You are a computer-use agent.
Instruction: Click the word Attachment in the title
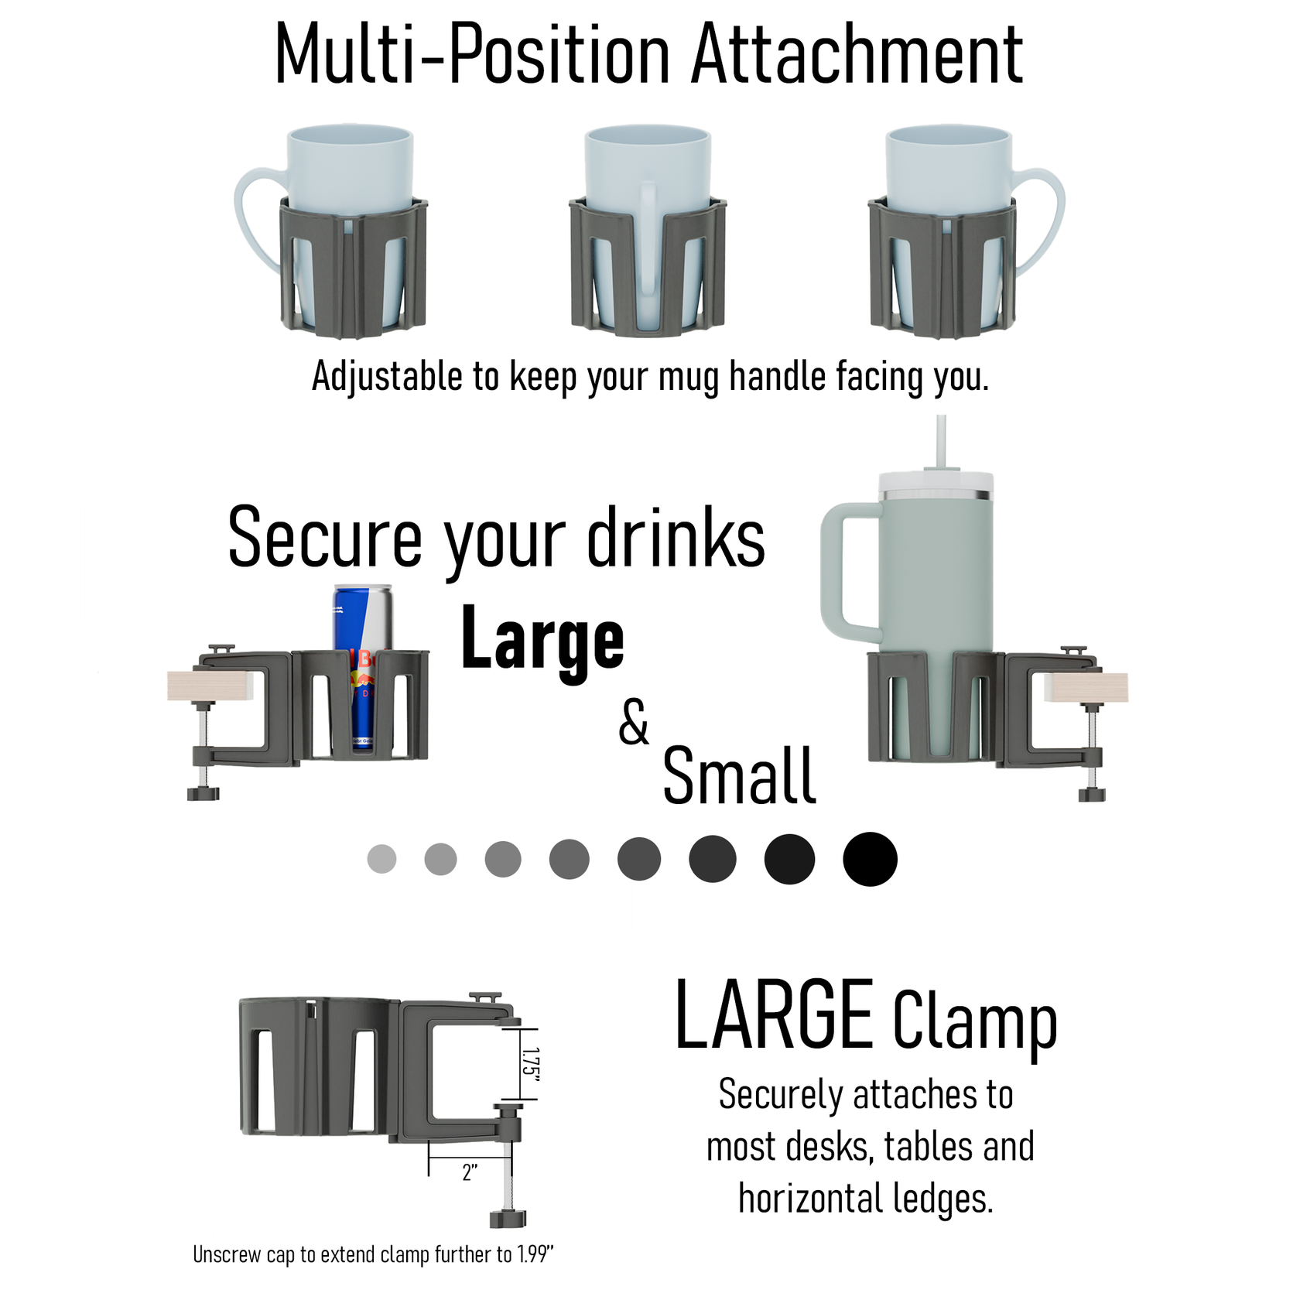[857, 56]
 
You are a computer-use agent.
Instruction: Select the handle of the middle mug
[648, 232]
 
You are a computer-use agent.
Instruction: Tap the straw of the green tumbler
[941, 441]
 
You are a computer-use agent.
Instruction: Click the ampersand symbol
[634, 723]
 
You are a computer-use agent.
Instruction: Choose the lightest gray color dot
[381, 859]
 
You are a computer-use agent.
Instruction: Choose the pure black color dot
[870, 859]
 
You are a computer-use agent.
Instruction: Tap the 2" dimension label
[470, 1173]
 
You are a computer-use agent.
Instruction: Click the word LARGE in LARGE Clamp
[774, 1015]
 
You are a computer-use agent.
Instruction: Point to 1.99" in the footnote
[535, 1254]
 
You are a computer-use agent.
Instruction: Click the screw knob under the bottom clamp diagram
[508, 1220]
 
